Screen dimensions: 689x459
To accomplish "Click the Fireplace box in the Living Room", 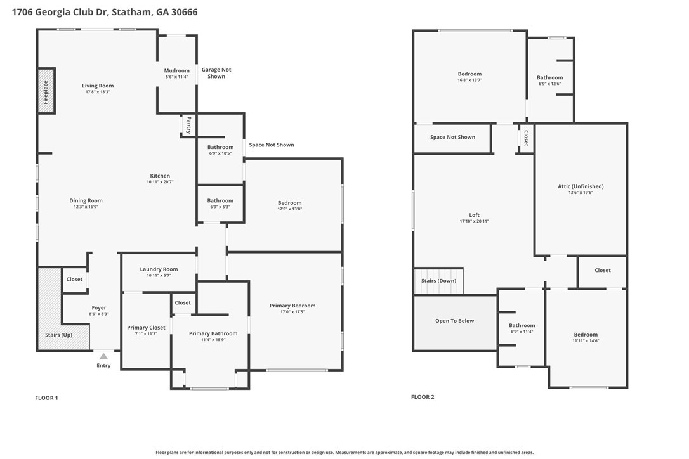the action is pos(46,91).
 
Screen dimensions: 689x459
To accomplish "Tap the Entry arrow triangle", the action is pos(103,356).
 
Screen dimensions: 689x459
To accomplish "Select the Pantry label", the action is pos(189,125).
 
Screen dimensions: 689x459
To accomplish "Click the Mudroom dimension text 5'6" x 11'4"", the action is pos(176,77).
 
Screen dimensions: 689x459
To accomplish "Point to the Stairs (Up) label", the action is pos(58,335).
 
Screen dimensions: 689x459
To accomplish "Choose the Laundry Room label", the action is pos(159,269).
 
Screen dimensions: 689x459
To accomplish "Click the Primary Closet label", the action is pos(146,328).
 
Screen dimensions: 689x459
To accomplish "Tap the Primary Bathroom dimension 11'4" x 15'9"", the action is pos(213,340).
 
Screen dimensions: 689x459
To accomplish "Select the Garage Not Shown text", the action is pos(216,73).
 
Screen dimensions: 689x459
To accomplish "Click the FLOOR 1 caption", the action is pos(46,398).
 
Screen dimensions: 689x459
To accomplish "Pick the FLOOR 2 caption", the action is pos(423,397).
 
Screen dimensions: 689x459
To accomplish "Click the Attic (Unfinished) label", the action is pos(581,186).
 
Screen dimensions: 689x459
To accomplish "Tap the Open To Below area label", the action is pos(455,321).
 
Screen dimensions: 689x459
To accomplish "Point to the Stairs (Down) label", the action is pos(438,281).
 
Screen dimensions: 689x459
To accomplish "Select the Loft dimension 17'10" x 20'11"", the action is pos(474,221).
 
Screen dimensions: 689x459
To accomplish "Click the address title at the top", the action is pos(105,12).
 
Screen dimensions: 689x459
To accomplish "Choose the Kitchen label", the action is pos(160,176).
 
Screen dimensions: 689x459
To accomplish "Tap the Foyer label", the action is pos(99,308).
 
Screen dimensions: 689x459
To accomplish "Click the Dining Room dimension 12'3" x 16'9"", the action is pos(86,207).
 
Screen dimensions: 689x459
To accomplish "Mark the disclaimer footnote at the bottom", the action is pos(344,453).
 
